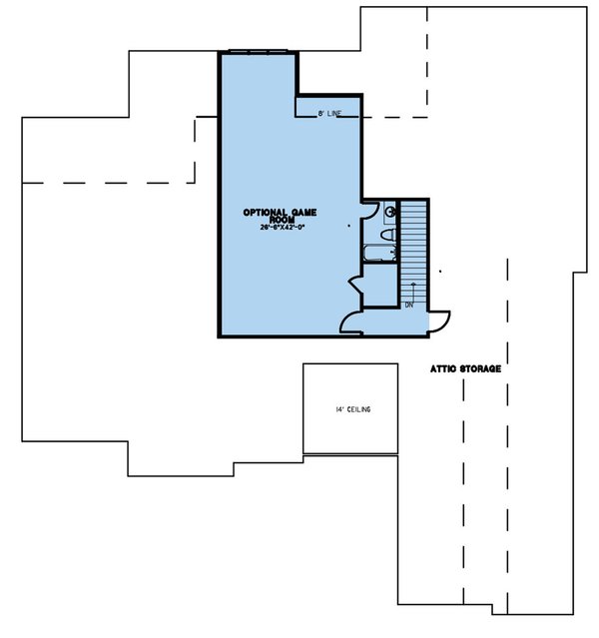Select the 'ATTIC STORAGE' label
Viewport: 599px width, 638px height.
tap(465, 368)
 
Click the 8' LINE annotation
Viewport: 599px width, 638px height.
tap(328, 114)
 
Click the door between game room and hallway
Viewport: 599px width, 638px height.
tap(351, 320)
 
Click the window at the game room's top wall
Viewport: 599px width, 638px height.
tap(259, 51)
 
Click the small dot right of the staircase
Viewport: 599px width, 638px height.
tap(440, 272)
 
